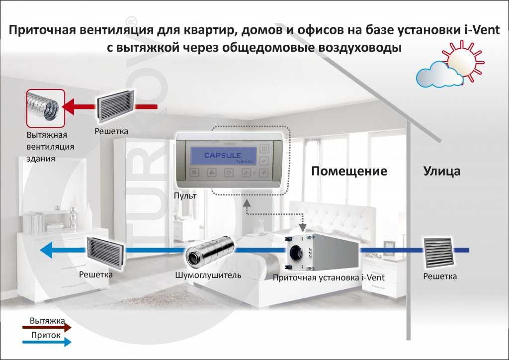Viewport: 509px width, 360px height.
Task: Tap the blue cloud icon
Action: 439,75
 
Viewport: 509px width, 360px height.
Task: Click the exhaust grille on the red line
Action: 115,106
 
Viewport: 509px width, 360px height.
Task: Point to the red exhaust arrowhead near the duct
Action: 68,107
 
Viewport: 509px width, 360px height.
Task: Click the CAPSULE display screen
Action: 223,156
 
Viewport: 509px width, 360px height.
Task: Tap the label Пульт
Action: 185,195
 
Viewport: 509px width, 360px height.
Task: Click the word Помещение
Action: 349,171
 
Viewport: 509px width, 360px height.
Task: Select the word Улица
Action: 442,171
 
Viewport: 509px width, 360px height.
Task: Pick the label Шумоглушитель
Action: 208,275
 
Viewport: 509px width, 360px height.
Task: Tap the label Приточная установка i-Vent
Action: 329,277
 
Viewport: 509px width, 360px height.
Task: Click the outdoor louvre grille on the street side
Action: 438,252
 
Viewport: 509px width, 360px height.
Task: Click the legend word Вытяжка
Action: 47,321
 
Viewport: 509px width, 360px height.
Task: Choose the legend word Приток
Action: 46,335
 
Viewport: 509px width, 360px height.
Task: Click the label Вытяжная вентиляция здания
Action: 50,147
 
